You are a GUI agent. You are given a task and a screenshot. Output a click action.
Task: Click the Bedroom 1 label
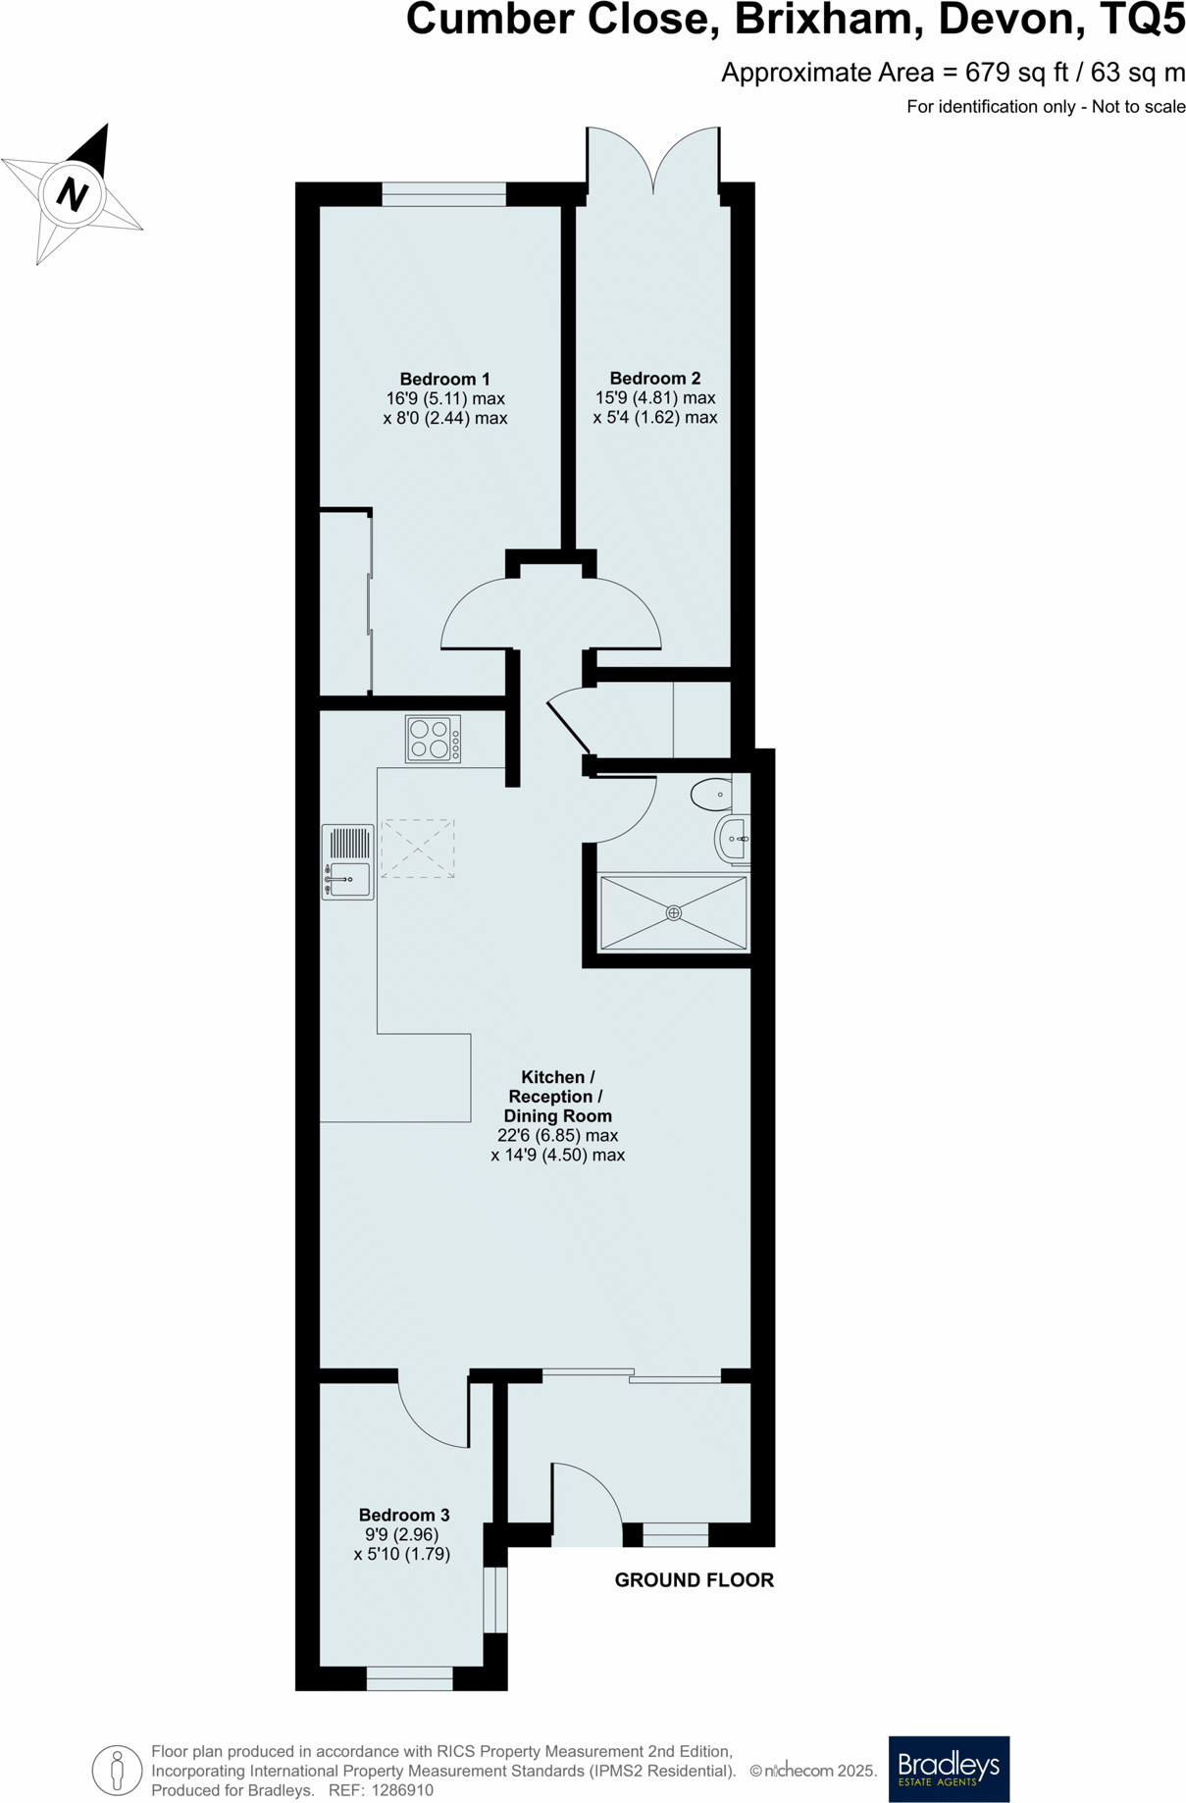click(x=444, y=379)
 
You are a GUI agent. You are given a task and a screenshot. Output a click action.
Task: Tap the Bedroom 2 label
click(x=654, y=378)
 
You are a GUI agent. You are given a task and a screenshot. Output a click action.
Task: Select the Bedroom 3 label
click(x=403, y=1515)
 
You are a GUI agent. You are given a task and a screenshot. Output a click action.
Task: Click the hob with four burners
click(x=433, y=739)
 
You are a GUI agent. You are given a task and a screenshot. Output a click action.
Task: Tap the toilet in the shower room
click(x=712, y=794)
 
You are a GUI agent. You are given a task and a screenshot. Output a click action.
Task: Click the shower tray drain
click(x=673, y=912)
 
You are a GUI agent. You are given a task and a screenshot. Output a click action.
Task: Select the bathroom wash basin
click(x=734, y=839)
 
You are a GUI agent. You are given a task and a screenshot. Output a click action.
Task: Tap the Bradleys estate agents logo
click(x=948, y=1769)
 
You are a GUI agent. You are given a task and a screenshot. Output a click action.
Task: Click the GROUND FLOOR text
click(x=694, y=1579)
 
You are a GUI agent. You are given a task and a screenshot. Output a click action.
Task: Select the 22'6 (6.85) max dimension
click(x=557, y=1135)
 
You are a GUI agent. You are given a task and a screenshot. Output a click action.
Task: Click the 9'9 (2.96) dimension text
click(x=401, y=1534)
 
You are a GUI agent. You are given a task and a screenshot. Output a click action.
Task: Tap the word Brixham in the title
click(x=828, y=20)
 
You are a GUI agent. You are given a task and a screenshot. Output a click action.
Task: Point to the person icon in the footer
click(x=117, y=1771)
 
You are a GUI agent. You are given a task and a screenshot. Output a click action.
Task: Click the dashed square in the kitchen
click(x=417, y=849)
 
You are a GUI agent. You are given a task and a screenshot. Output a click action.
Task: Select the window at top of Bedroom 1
click(x=443, y=193)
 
